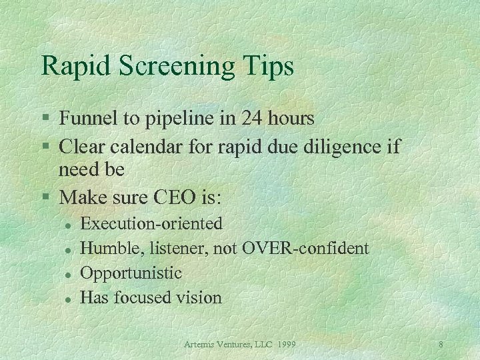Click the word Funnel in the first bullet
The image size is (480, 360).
coord(85,119)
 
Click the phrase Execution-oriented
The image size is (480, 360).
coord(151,224)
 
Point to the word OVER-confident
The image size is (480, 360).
coord(305,249)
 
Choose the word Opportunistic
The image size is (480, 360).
coord(131,273)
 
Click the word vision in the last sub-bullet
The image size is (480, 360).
coord(197,297)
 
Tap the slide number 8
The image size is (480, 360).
coord(441,345)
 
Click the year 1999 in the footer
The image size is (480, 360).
coord(284,345)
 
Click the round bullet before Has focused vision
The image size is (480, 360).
coord(67,298)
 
